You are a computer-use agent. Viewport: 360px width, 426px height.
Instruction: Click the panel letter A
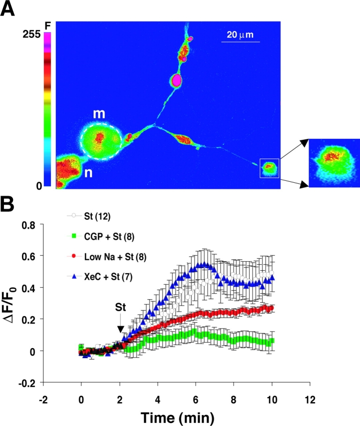coord(9,9)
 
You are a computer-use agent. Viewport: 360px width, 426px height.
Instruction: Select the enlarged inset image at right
coord(334,163)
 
